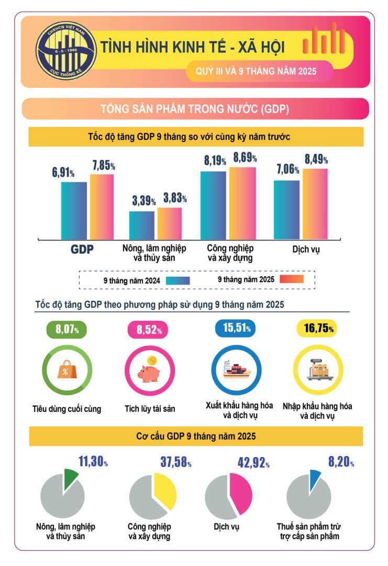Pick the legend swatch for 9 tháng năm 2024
(x=178, y=280)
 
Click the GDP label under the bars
(x=82, y=250)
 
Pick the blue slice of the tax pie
(x=314, y=478)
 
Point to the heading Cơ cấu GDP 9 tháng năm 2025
(x=196, y=436)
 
